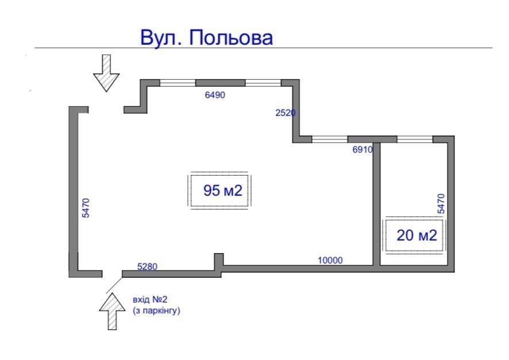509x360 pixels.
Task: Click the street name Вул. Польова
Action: (x=206, y=37)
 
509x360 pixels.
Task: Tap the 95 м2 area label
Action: (x=223, y=191)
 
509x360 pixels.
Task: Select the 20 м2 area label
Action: (x=417, y=235)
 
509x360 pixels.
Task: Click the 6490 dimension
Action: (x=215, y=95)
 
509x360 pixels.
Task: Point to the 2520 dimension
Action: (x=286, y=113)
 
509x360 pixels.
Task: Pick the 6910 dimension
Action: (x=363, y=149)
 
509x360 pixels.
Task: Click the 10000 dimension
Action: (x=330, y=260)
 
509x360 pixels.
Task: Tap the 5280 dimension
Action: (x=148, y=266)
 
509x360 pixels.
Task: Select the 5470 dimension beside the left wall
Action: (x=86, y=208)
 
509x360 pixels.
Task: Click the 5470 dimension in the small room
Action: (x=441, y=204)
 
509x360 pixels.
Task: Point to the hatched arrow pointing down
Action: (x=106, y=73)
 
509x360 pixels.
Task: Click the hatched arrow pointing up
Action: (x=113, y=311)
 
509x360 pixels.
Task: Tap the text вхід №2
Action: (x=150, y=299)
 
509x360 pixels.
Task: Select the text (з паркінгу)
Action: (x=156, y=311)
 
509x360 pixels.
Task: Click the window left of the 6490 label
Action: (x=178, y=83)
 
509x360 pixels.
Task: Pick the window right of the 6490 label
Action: (x=263, y=83)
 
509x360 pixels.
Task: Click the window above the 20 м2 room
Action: (x=415, y=140)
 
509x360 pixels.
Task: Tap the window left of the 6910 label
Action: (x=330, y=140)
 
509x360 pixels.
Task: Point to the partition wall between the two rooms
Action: (x=376, y=204)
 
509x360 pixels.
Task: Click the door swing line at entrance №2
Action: (x=114, y=285)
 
